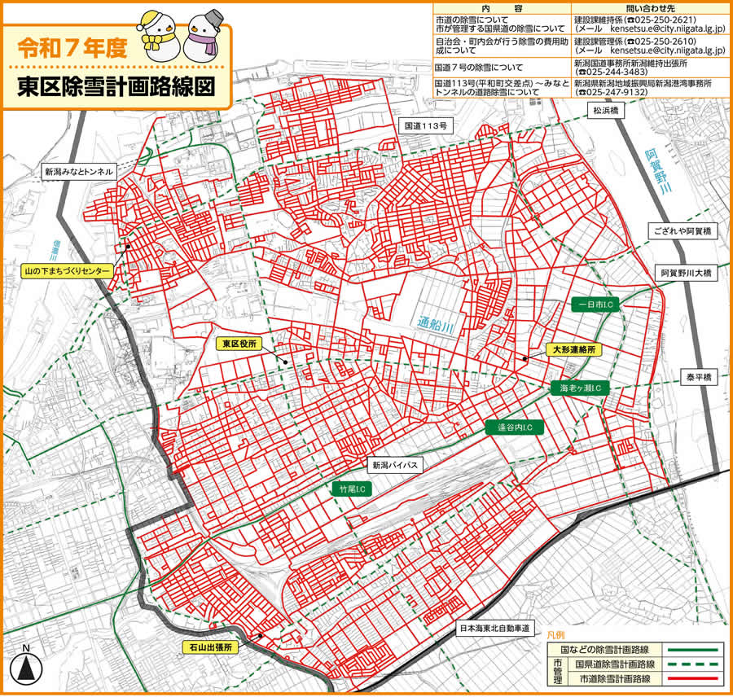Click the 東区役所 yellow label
240,344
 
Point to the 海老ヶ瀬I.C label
581,388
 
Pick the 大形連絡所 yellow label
574,349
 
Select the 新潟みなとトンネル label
79,173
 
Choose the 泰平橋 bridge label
699,379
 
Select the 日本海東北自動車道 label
494,629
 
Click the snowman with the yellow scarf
156,37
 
